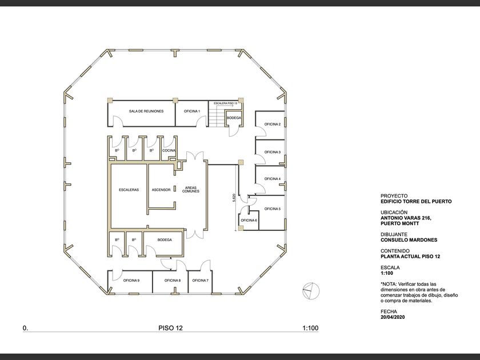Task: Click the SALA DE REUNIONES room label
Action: (146, 111)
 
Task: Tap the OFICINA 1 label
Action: (191, 111)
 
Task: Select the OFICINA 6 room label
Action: (249, 220)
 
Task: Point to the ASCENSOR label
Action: (161, 190)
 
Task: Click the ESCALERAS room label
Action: (129, 190)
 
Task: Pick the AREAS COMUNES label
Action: (191, 190)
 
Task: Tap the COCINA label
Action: (169, 150)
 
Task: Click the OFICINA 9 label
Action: (131, 280)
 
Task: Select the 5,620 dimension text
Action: (234, 198)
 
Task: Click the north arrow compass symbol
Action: (311, 290)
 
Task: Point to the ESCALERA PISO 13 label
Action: (225, 103)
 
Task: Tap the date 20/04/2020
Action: (393, 317)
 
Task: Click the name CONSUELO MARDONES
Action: (409, 240)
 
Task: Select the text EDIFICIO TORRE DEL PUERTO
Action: (416, 201)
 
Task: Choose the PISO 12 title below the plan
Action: (170, 328)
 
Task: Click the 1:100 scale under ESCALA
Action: (387, 273)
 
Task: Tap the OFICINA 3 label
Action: (273, 152)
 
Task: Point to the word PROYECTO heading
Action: (394, 196)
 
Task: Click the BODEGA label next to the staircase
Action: (234, 118)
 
